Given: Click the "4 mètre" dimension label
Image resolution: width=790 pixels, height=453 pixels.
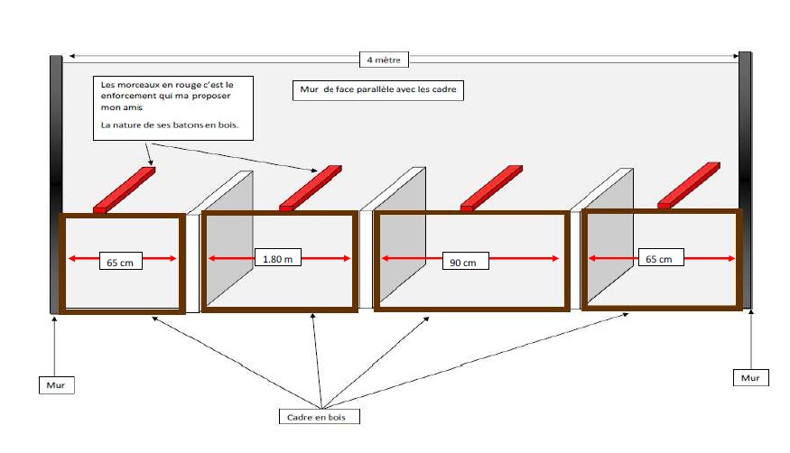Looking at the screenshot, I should pos(384,60).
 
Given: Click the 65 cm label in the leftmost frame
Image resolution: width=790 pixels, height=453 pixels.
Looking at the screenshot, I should pos(119,263).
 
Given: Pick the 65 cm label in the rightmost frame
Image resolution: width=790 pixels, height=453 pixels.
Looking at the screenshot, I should pos(659,258).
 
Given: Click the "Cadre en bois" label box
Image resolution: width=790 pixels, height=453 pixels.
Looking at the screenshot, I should pos(319,416).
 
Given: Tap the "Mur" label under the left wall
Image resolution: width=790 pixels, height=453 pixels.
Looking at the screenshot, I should pos(56,385).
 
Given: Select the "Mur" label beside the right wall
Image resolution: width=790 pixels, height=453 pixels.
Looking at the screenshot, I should pos(750,377).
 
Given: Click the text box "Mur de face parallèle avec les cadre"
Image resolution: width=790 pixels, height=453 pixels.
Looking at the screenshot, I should pos(377,90).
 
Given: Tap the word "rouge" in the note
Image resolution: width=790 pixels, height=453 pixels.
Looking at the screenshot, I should pos(170,83).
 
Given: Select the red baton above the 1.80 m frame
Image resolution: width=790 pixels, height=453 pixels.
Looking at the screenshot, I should pos(310,187).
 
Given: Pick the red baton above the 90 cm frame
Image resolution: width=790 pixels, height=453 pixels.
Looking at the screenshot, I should pos(491,187).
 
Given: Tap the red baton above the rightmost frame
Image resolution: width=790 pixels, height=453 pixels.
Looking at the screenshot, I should pos(690,184).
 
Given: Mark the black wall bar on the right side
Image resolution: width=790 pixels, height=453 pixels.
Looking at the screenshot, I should pos(745,180).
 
